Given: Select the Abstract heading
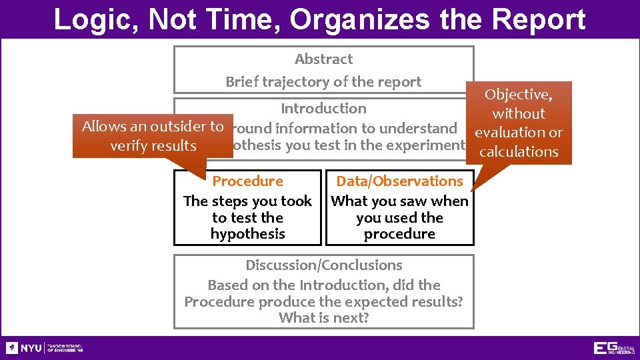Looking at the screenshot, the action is [x=323, y=59].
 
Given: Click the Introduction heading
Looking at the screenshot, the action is [x=323, y=108].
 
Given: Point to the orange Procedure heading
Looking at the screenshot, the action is [x=247, y=181].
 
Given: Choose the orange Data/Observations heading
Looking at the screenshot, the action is [x=399, y=181].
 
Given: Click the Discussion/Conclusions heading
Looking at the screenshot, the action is [x=324, y=265].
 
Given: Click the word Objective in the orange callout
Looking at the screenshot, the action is [x=517, y=95].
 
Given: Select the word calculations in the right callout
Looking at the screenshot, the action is [x=519, y=151].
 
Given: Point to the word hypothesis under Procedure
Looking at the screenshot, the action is [x=247, y=234].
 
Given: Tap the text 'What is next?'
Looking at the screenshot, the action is [x=324, y=318].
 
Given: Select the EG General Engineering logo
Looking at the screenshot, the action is [x=613, y=348].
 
